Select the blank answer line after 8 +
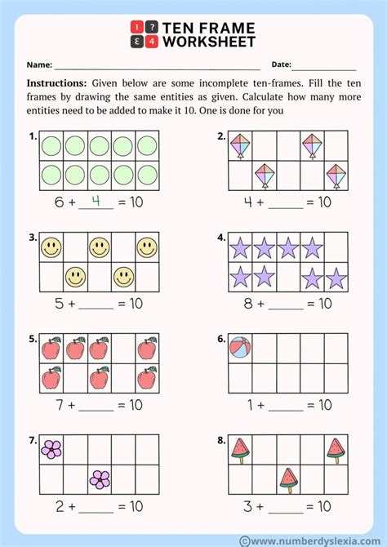click(286, 307)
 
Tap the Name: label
click(39, 64)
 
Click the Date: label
click(281, 64)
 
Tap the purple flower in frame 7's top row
click(52, 448)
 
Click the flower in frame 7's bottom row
click(100, 478)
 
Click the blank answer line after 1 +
click(286, 408)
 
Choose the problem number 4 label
click(221, 238)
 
